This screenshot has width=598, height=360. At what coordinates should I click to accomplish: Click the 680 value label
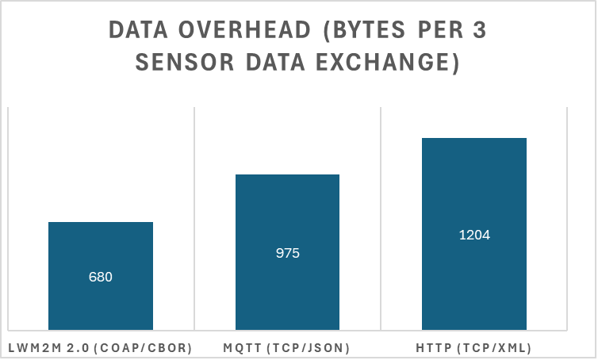coord(101,277)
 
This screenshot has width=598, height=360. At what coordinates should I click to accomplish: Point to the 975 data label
coord(287,253)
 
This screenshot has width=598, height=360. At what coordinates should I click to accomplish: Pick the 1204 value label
coord(474,235)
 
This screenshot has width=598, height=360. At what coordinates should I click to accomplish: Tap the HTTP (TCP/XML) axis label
coord(473,347)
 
